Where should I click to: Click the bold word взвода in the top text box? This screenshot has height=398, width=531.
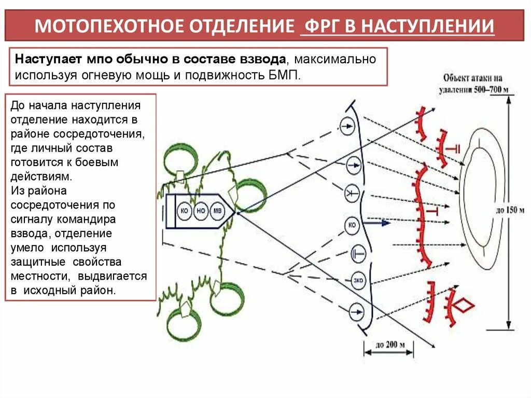point(258,59)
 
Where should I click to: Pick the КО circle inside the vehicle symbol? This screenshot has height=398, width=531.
point(184,211)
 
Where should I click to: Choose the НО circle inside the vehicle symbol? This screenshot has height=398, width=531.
point(201,211)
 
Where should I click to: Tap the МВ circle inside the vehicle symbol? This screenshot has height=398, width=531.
point(218,211)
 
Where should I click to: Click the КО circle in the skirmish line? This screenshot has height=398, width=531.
point(352,225)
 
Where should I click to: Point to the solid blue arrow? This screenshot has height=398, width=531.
point(378,223)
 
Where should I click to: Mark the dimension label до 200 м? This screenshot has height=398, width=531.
point(388,344)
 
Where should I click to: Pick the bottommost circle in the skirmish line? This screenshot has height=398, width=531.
point(356,312)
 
